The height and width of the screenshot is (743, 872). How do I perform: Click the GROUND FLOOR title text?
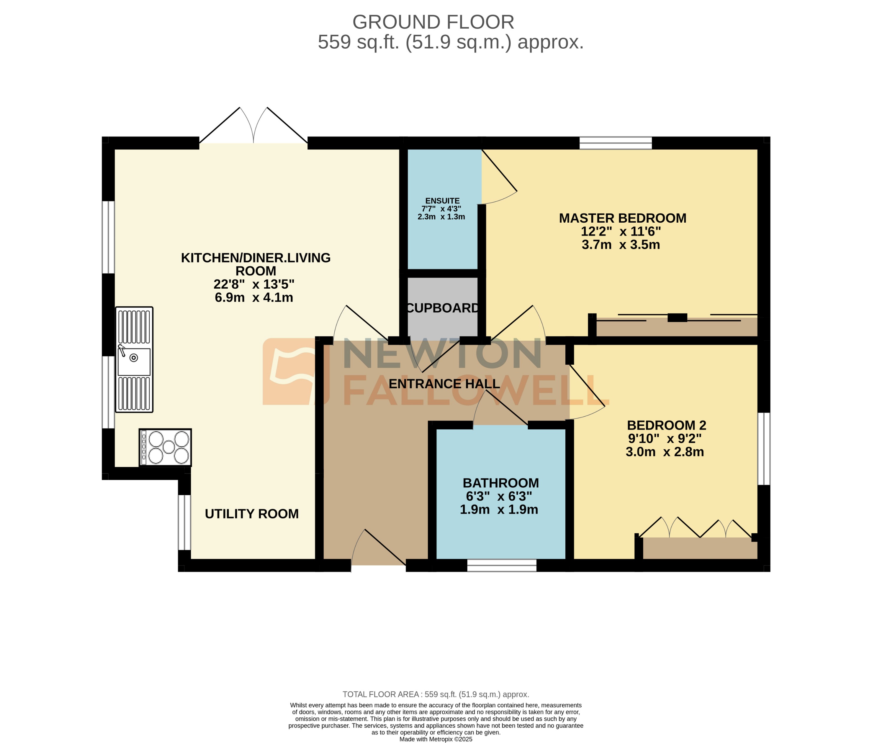(433, 22)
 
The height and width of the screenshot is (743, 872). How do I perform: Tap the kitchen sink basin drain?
(133, 358)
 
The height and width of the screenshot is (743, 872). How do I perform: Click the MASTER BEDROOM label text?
(622, 218)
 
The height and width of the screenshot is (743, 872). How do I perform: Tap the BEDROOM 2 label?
(666, 425)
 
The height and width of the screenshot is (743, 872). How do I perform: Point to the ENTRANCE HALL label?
(444, 384)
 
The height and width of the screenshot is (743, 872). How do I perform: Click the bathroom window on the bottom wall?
(502, 565)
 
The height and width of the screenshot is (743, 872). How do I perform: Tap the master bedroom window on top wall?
(615, 143)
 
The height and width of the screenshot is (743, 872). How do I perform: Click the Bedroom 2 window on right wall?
(764, 449)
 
